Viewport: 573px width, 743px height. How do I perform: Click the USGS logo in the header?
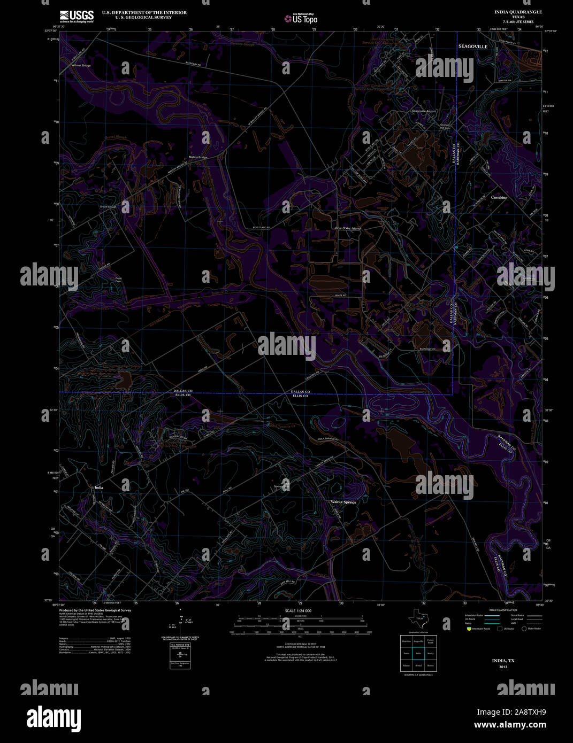77,16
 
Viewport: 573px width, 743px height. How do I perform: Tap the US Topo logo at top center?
301,18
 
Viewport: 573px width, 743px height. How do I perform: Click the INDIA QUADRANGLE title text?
518,12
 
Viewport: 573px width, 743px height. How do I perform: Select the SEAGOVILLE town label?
472,47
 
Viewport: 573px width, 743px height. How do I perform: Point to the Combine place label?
499,197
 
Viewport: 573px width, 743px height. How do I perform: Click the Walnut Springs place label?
343,502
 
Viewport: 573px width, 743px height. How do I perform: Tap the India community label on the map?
99,487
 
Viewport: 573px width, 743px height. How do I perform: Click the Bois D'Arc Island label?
348,228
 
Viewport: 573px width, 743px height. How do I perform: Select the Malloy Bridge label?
198,157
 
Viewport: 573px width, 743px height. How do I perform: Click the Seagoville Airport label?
424,111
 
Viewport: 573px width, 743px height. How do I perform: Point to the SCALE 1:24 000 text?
298,610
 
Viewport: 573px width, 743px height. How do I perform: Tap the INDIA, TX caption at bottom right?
503,661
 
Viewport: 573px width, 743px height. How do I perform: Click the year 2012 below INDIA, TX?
503,667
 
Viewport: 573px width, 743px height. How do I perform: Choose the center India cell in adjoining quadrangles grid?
418,653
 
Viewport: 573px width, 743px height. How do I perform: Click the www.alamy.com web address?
510,725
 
